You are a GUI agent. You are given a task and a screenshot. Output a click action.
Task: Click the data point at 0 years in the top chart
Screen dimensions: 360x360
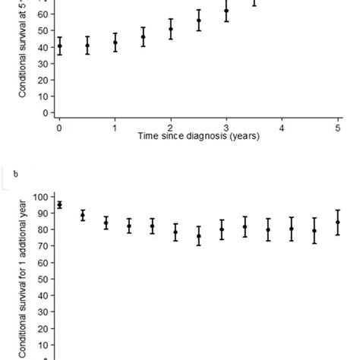[59, 46]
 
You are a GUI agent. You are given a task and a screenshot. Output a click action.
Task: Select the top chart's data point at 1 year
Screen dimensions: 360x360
[115, 43]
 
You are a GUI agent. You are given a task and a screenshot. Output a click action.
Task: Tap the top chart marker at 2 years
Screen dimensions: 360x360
[171, 29]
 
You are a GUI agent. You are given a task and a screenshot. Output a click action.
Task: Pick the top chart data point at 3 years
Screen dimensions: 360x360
[226, 11]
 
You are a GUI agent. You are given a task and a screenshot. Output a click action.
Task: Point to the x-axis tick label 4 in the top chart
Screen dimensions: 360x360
[283, 128]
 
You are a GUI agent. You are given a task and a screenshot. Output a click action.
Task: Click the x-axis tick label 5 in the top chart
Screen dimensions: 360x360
[338, 128]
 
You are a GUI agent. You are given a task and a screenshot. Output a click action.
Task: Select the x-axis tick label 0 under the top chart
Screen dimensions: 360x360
[59, 128]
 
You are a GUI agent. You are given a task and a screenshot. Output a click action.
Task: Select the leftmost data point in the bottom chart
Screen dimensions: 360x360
[59, 204]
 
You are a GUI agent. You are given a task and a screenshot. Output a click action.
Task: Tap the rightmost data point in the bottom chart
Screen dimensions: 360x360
[338, 223]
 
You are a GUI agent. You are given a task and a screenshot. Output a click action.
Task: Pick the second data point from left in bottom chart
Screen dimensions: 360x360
[83, 216]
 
